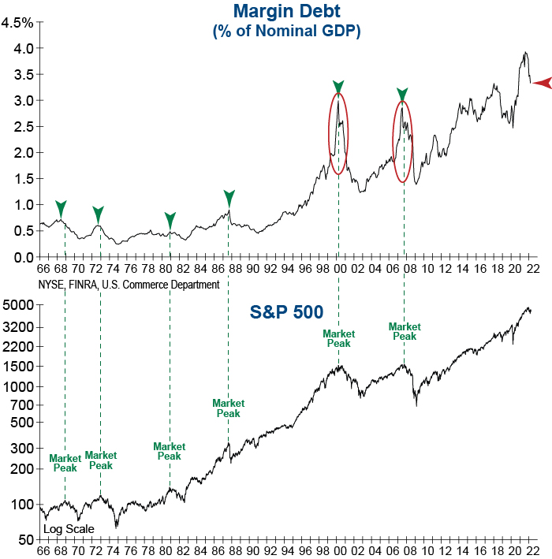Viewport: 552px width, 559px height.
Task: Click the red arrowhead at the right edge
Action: (542, 82)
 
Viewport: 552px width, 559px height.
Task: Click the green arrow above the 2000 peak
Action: (338, 87)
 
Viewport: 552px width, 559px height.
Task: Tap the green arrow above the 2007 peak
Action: (402, 95)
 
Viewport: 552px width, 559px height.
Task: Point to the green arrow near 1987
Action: (229, 197)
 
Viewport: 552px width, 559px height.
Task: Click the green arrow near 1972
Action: (98, 213)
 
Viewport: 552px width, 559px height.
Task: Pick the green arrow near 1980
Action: (170, 219)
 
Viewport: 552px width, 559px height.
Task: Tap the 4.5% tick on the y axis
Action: (17, 22)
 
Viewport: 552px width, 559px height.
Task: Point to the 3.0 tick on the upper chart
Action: (23, 100)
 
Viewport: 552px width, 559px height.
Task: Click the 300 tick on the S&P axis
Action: (21, 448)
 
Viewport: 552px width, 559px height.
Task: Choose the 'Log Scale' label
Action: (69, 529)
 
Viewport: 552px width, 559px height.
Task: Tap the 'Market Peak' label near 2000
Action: (339, 338)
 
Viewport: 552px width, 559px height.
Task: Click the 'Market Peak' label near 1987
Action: (229, 408)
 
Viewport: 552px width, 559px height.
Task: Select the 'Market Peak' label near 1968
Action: (65, 463)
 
